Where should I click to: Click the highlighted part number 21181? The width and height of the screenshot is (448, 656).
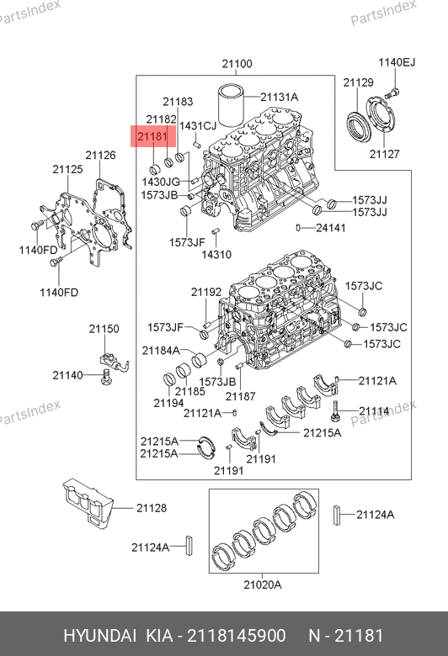(x=152, y=136)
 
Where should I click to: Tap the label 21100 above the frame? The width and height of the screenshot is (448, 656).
(x=237, y=64)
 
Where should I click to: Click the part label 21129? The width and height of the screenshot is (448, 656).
(x=359, y=82)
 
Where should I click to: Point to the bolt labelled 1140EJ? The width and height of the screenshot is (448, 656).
(x=393, y=92)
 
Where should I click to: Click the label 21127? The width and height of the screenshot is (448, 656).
(x=384, y=154)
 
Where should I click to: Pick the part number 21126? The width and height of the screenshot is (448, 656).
(x=100, y=156)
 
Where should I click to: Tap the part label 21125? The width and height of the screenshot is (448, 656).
(x=67, y=169)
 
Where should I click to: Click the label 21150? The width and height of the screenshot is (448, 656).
(x=104, y=329)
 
